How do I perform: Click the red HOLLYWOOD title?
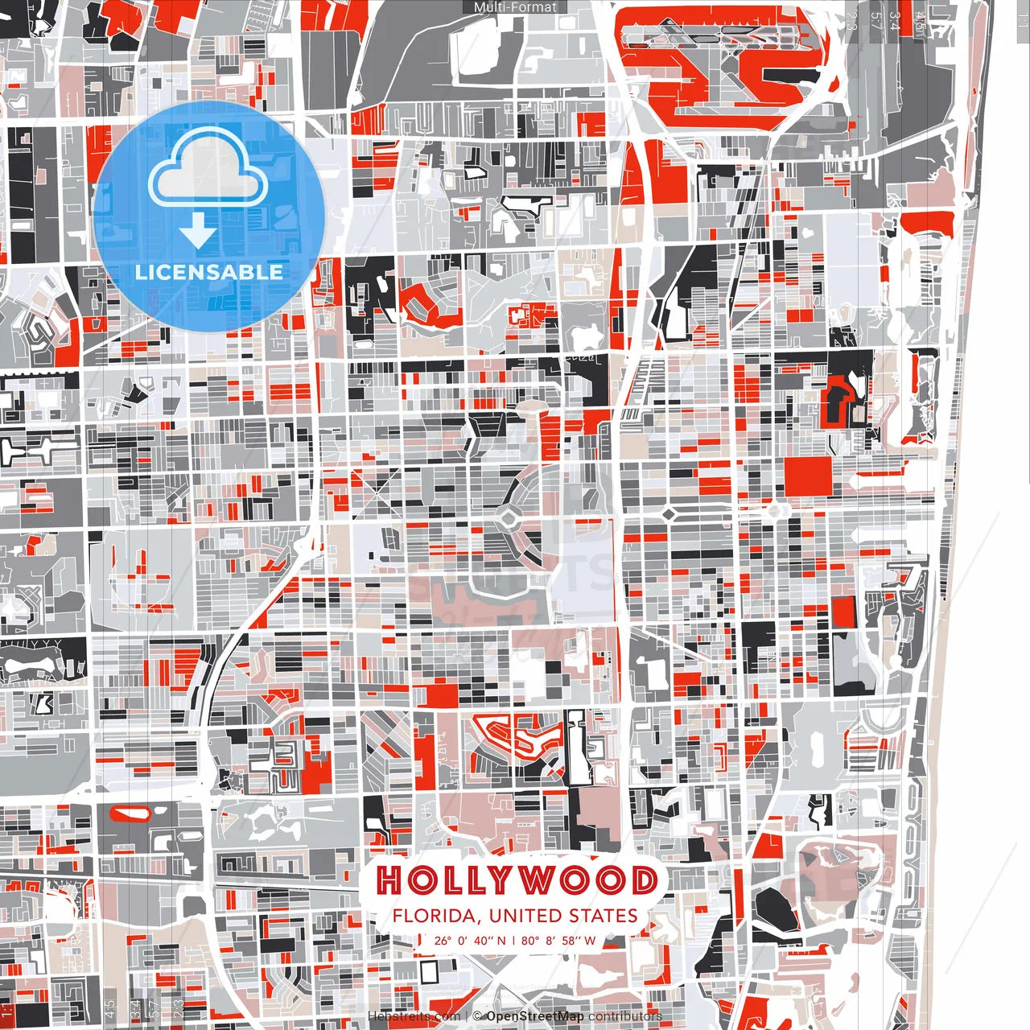click(516, 880)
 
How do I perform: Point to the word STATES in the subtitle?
click(604, 917)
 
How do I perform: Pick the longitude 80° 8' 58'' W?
click(558, 941)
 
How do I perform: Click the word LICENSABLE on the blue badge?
click(209, 272)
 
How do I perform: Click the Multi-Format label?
click(515, 7)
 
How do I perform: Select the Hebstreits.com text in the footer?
click(414, 1016)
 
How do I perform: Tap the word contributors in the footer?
click(625, 1016)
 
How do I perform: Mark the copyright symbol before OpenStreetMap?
click(477, 1016)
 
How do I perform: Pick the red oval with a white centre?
click(129, 814)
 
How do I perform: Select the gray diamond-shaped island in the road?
click(668, 513)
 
